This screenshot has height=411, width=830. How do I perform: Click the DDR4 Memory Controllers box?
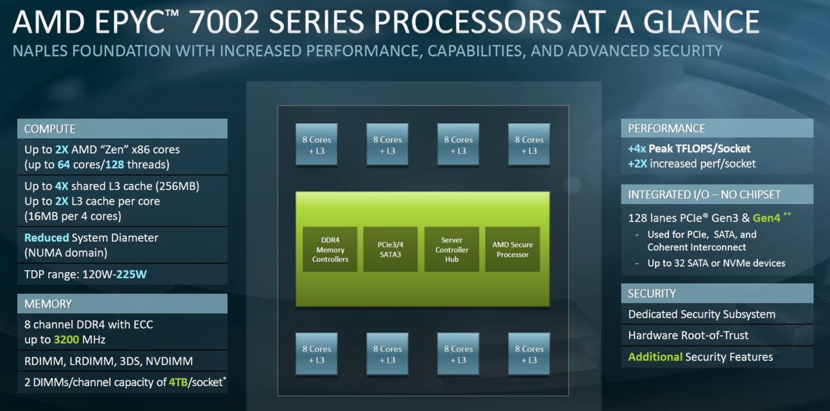pyautogui.click(x=330, y=250)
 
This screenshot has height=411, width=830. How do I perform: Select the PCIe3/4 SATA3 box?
pyautogui.click(x=390, y=250)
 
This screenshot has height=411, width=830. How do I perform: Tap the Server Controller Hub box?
pyautogui.click(x=451, y=250)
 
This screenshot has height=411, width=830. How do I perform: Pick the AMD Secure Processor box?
pyautogui.click(x=513, y=250)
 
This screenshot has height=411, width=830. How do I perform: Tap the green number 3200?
pyautogui.click(x=67, y=339)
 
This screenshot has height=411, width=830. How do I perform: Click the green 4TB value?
pyautogui.click(x=178, y=382)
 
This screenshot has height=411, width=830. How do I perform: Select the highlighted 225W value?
pyautogui.click(x=132, y=274)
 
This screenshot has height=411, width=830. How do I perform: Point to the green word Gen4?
pyautogui.click(x=766, y=218)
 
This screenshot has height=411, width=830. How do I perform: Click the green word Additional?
pyautogui.click(x=655, y=357)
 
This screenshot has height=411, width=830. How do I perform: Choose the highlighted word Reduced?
pyautogui.click(x=47, y=238)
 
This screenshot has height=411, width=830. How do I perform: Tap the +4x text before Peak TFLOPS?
pyautogui.click(x=637, y=149)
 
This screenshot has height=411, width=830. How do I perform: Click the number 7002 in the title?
pyautogui.click(x=224, y=22)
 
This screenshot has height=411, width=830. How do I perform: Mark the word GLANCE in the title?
pyautogui.click(x=702, y=22)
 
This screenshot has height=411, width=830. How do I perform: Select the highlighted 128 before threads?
pyautogui.click(x=114, y=164)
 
